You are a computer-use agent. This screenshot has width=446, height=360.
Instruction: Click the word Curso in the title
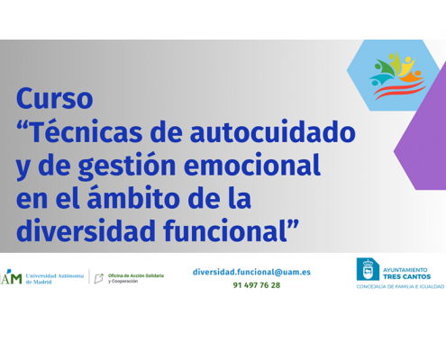55,98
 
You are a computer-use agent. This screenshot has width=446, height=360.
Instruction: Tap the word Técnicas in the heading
86,131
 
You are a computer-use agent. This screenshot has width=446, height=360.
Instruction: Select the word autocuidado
273,131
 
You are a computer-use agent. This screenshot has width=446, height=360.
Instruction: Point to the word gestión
127,166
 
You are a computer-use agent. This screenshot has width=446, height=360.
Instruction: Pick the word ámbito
133,197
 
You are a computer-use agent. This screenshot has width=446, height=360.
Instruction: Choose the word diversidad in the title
86,230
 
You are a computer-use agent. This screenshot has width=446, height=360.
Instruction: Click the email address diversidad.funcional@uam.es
251,272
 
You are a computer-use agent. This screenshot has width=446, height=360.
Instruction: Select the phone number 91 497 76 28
257,285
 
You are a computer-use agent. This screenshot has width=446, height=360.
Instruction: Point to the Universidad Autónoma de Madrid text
55,279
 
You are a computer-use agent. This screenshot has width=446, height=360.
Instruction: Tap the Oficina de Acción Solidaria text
136,275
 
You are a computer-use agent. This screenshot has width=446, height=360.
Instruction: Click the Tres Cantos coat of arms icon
368,269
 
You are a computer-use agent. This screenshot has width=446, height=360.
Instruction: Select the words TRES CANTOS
406,276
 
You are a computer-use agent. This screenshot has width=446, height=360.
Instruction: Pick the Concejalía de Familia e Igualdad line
400,287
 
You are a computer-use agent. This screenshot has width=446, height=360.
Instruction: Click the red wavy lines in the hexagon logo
399,90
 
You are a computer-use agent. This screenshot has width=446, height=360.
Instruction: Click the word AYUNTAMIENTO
405,270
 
